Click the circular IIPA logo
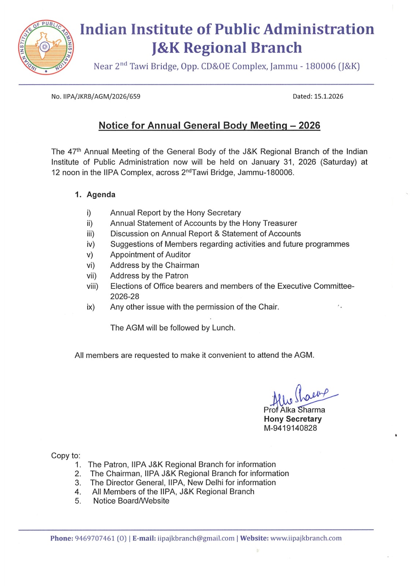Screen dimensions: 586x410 (46, 47)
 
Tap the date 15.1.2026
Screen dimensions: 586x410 (328, 97)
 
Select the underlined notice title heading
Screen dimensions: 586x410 (209, 126)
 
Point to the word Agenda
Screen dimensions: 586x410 (101, 195)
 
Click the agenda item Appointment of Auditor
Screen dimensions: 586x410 (150, 255)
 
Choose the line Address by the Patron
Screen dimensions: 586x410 (149, 276)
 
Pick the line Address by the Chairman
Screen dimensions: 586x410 (155, 266)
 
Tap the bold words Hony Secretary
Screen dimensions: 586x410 (293, 419)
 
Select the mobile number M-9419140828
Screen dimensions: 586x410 (291, 428)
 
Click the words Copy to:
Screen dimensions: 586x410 (66, 456)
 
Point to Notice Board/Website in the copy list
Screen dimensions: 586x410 (131, 501)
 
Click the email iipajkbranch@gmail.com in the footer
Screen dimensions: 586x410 (196, 538)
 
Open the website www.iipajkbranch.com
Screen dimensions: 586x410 (306, 538)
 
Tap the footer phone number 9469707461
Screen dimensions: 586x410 (95, 538)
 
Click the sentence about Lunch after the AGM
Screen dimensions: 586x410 (173, 328)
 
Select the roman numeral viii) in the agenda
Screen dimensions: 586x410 (92, 286)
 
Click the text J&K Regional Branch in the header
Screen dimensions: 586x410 (227, 48)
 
